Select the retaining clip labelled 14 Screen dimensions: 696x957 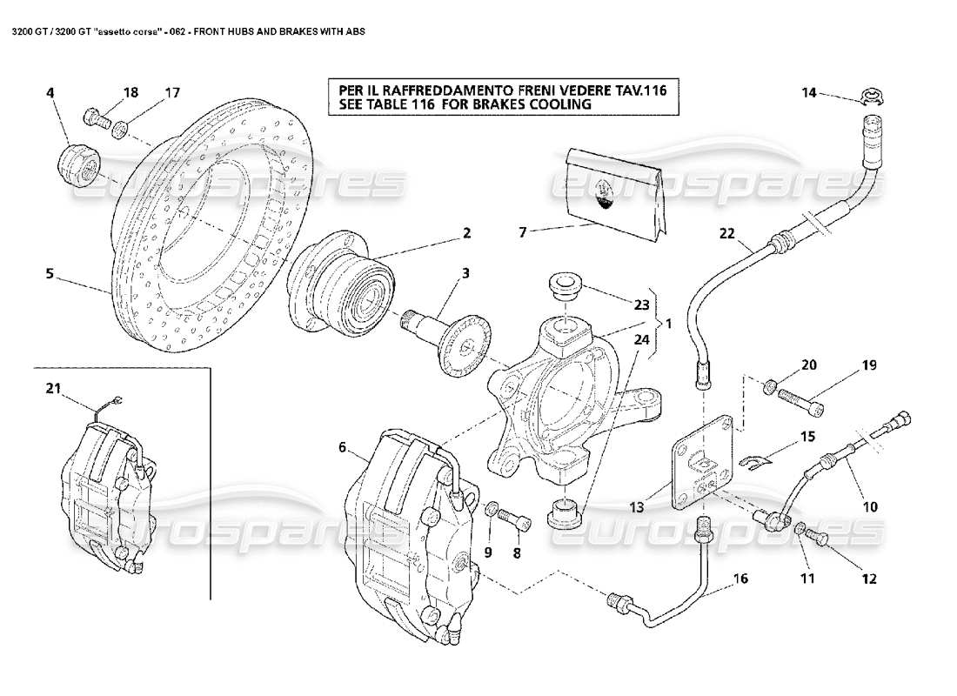[871, 98]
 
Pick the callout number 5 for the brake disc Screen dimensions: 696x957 [50, 274]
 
